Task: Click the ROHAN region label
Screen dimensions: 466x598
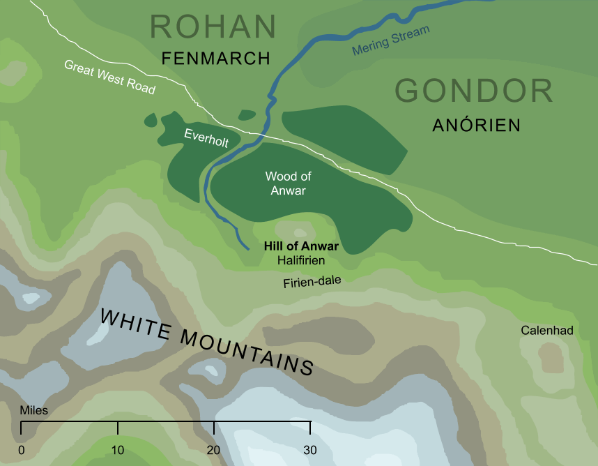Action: [213, 27]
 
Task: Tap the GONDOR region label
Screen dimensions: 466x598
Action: [474, 91]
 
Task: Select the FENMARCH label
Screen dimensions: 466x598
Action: [215, 59]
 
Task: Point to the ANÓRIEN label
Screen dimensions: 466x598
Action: [477, 125]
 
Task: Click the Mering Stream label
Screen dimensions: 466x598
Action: [391, 40]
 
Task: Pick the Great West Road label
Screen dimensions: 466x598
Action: [109, 77]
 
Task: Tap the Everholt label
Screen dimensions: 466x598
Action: [206, 137]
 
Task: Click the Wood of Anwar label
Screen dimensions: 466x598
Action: [288, 183]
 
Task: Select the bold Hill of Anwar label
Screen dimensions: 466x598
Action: [301, 246]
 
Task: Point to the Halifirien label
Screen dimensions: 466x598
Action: [301, 260]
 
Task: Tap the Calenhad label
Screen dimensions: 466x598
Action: [547, 331]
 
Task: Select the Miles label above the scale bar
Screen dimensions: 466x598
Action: [34, 410]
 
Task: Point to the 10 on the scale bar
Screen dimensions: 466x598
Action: [118, 449]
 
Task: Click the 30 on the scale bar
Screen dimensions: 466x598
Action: [310, 449]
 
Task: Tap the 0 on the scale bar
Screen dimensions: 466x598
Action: [22, 449]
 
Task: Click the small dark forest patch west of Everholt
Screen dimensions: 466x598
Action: [151, 120]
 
